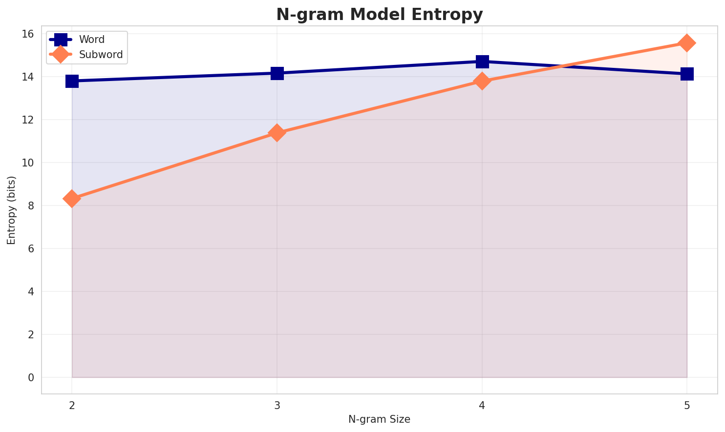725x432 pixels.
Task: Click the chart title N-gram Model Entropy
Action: click(379, 15)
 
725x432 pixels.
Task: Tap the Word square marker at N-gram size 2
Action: click(72, 81)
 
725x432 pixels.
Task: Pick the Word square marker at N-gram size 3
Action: click(277, 73)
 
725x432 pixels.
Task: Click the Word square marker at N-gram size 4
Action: click(482, 62)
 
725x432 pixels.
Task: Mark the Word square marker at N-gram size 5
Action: click(687, 74)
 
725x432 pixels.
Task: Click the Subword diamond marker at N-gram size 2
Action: click(72, 199)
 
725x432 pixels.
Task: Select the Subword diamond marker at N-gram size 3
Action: click(277, 133)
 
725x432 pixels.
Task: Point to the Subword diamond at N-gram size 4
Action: click(482, 81)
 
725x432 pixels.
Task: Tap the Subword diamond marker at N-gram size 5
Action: click(687, 43)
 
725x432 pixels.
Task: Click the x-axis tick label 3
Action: click(277, 406)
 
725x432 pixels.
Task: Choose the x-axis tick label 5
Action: click(687, 406)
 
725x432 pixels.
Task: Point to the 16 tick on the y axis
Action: click(28, 34)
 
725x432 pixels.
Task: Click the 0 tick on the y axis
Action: click(31, 377)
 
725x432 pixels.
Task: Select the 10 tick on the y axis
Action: click(28, 163)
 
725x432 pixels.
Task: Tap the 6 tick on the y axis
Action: click(31, 248)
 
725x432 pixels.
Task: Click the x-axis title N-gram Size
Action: click(379, 419)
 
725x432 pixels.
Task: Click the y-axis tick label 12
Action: click(28, 120)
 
